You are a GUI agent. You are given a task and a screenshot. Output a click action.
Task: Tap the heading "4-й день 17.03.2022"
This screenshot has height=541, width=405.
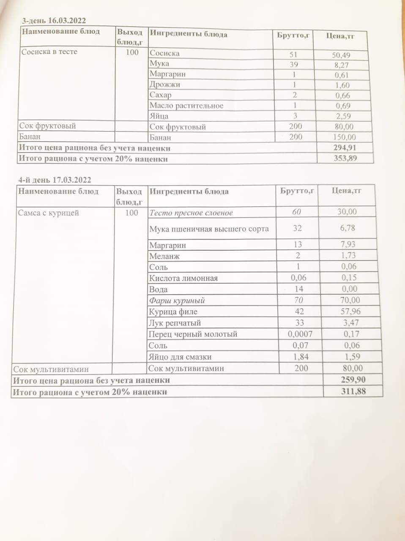pos(55,180)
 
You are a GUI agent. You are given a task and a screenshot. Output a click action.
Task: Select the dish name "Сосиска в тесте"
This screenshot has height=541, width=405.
pos(49,52)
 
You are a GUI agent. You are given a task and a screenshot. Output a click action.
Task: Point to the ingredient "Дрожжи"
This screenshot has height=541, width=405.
pos(165,85)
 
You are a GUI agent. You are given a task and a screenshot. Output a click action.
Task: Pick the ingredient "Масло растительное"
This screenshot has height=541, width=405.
pos(186,106)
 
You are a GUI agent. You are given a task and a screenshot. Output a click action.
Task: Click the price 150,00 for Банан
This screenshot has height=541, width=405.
pos(344,137)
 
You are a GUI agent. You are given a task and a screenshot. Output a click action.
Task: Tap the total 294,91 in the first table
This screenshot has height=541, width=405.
pos(345,148)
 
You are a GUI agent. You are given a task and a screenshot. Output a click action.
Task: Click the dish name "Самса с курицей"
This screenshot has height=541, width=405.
pos(49,213)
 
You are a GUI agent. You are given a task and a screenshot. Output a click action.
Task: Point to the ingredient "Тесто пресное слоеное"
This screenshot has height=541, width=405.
pos(191,213)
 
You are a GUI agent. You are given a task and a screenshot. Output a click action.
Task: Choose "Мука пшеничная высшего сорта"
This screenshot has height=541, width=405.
pos(209,229)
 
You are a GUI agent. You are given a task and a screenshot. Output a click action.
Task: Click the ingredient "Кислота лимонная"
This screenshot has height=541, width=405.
pos(183,278)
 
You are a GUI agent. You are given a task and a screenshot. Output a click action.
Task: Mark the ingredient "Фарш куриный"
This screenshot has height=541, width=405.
pos(177,301)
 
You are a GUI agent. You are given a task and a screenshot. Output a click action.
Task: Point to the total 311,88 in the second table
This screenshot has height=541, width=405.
pos(353,391)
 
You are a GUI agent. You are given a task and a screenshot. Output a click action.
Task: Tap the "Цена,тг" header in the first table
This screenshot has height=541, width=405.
pos(340,36)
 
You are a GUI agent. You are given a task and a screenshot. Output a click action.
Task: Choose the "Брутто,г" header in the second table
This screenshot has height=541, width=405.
pos(298,191)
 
